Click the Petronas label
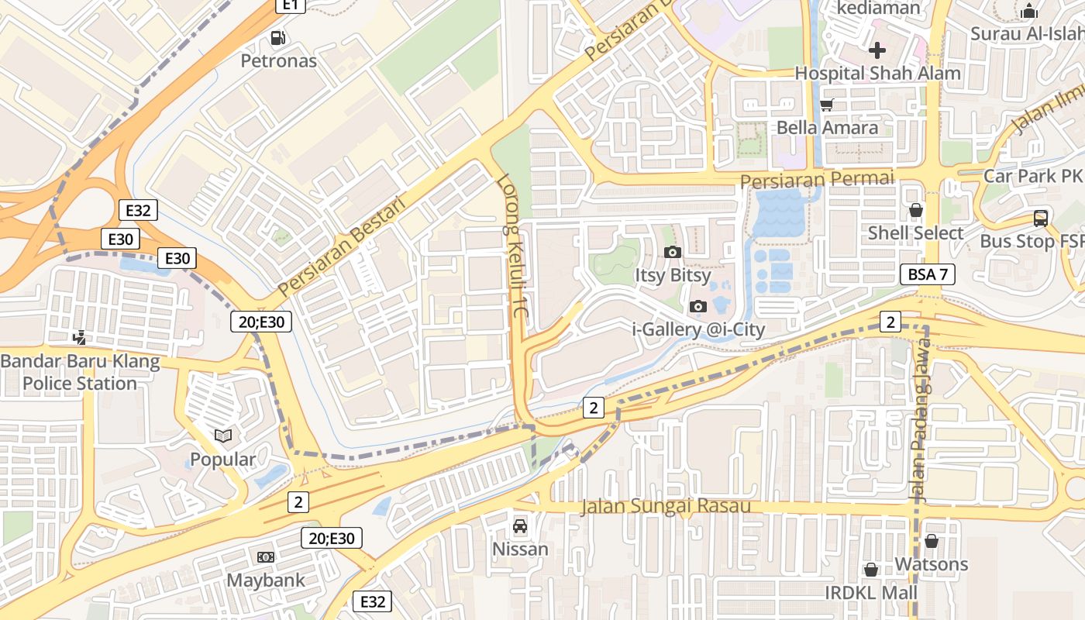[x=278, y=60]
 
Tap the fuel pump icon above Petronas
[x=277, y=37]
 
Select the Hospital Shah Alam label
[x=877, y=74]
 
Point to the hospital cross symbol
[x=877, y=51]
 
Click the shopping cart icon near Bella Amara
[x=827, y=105]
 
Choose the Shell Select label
[x=915, y=233]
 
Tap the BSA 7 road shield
[x=927, y=274]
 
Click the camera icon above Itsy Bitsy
[x=673, y=252]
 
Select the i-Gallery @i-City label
[x=698, y=329]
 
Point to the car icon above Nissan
[x=520, y=526]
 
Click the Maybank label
[x=265, y=580]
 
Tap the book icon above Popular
[x=223, y=436]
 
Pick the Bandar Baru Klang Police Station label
[x=80, y=372]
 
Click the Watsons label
[x=932, y=564]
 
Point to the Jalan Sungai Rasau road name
[x=666, y=507]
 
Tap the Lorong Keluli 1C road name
[x=511, y=248]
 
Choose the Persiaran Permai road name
[x=817, y=180]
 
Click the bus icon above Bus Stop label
[x=1040, y=219]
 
